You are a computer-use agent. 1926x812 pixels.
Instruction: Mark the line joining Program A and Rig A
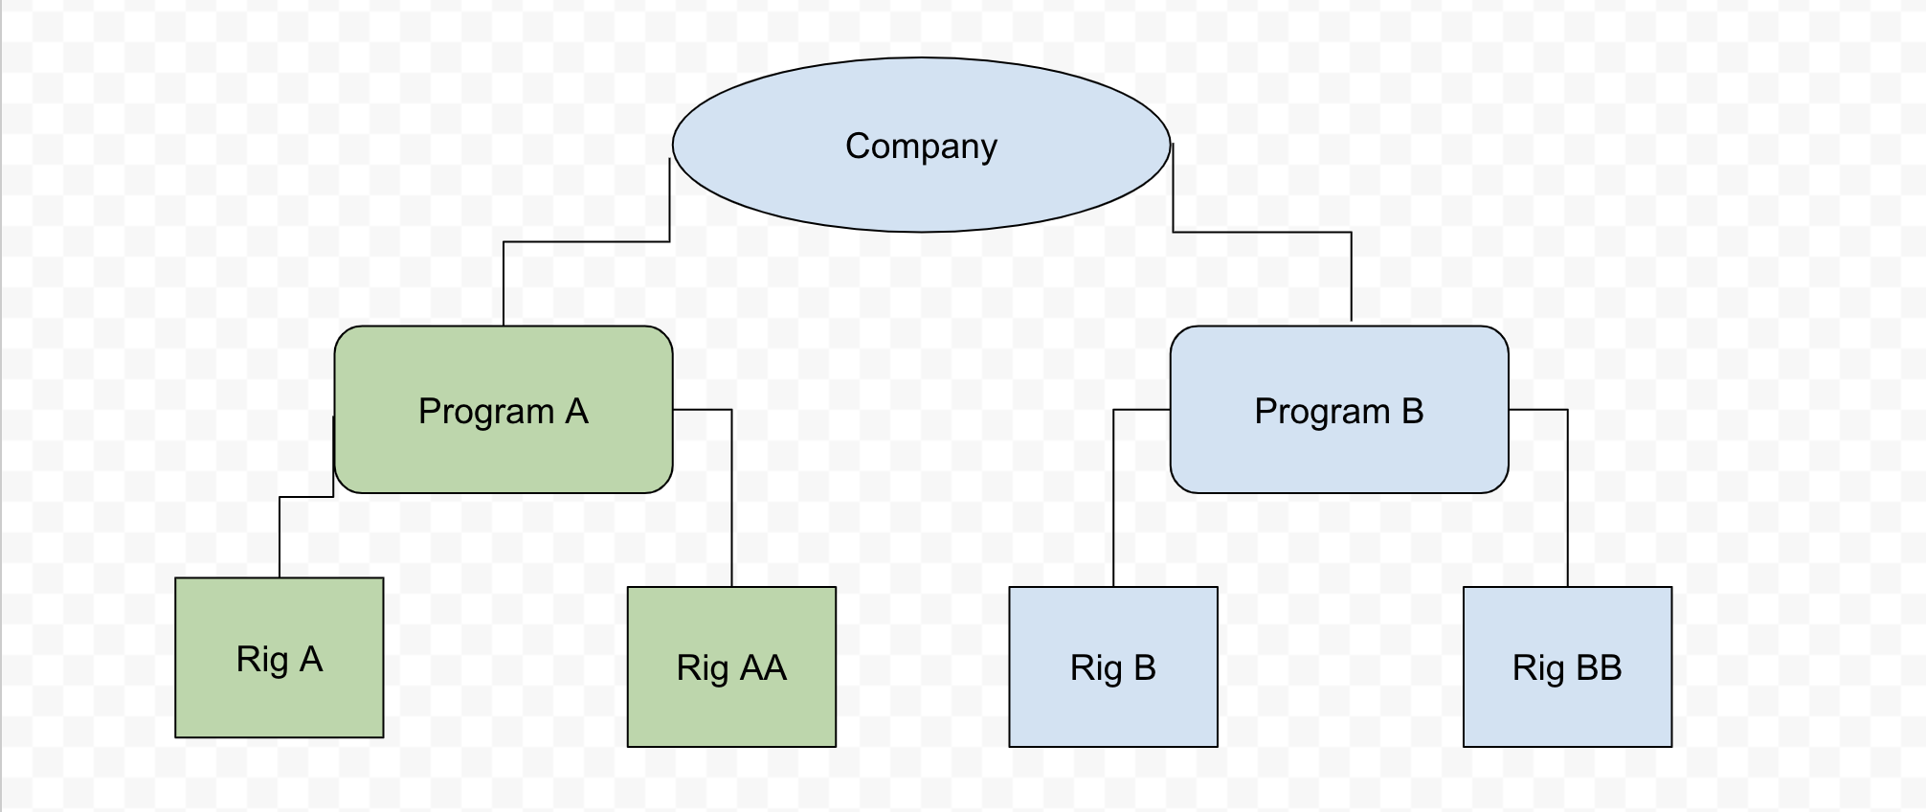point(280,536)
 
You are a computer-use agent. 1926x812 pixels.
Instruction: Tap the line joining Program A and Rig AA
point(731,498)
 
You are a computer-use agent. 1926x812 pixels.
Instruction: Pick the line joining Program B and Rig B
point(1113,498)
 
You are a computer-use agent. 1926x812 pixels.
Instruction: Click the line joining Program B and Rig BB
point(1567,498)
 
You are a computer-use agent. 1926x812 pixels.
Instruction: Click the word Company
point(921,147)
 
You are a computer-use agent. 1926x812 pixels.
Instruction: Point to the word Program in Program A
point(486,412)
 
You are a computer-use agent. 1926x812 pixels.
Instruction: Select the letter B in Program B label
point(1412,411)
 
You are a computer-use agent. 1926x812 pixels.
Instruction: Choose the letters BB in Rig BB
point(1599,667)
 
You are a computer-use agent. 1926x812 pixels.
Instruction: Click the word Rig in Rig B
point(1095,667)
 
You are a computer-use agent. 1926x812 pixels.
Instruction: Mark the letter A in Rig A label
point(310,659)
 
